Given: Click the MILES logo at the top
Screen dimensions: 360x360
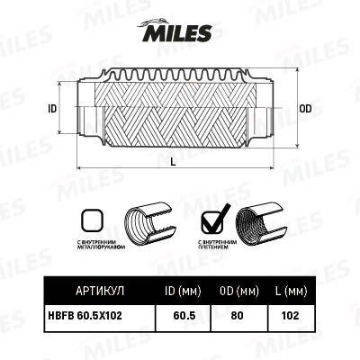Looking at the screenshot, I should [176, 32].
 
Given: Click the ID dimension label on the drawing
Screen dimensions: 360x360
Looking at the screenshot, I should [52, 109].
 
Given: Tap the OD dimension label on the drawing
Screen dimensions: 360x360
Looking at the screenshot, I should [305, 109].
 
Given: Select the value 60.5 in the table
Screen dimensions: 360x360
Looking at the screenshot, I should [184, 315].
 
